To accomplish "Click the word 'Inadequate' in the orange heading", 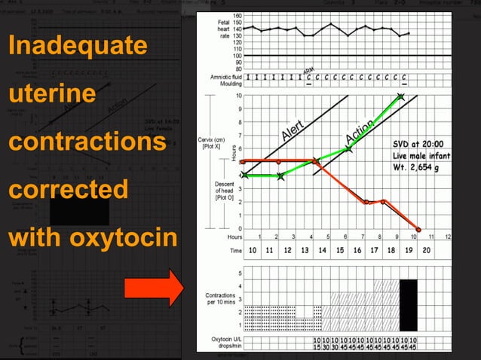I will click(78, 46).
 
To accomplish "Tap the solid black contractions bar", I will click(408, 305).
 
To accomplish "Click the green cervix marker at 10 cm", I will click(401, 96).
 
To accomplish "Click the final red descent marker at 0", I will click(418, 228).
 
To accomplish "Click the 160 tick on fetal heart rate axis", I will click(237, 16).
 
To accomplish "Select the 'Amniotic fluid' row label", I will click(225, 78).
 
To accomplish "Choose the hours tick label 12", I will click(449, 236).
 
